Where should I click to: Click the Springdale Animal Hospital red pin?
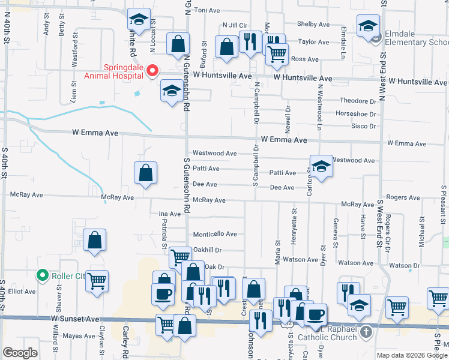152,71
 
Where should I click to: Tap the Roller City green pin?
42,275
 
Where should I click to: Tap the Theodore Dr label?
358,101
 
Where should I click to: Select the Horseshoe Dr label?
356,113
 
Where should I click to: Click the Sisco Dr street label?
363,126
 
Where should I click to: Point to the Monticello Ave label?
214,234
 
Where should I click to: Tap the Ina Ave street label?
169,214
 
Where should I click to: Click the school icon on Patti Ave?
321,166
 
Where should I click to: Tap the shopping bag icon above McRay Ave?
145,173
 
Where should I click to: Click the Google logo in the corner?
20,353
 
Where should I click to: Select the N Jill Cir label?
235,25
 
